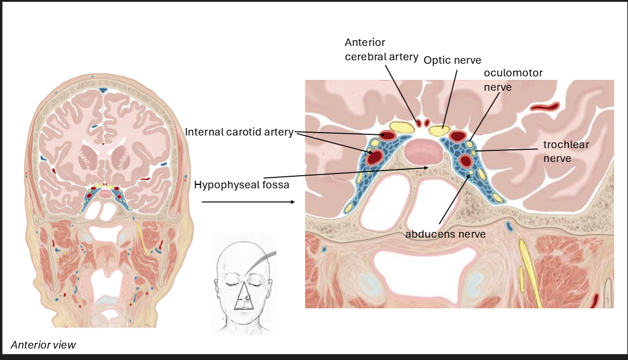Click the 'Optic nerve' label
tap(452, 60)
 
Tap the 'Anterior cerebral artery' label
tap(373, 51)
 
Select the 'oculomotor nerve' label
tap(513, 80)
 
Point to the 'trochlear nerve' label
tap(566, 151)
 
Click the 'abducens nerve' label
tap(445, 234)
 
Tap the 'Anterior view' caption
tap(43, 344)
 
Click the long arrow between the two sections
tap(248, 202)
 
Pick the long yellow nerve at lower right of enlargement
tap(528, 270)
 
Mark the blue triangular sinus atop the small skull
tap(103, 90)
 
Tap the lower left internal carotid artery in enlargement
tap(375, 157)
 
